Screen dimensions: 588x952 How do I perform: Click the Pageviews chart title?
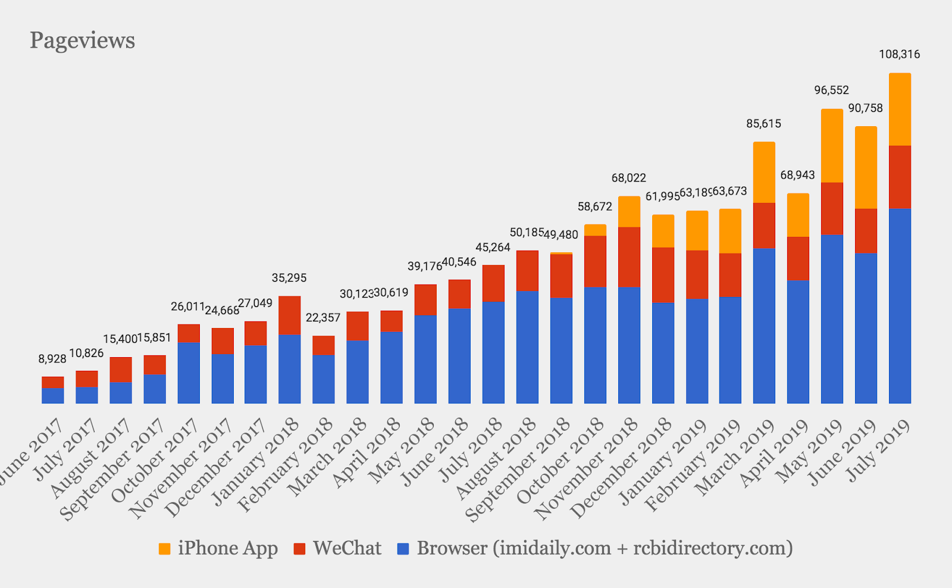(82, 40)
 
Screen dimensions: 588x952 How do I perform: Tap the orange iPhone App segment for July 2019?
(900, 110)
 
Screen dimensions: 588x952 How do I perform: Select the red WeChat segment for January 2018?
(289, 315)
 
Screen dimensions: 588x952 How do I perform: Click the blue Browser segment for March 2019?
(764, 326)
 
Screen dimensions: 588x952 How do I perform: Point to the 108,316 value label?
(899, 55)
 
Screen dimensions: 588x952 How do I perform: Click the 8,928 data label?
(52, 359)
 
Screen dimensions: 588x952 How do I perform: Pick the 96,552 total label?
(831, 90)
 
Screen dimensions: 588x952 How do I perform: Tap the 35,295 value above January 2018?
(289, 278)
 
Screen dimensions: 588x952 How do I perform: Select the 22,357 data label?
(323, 318)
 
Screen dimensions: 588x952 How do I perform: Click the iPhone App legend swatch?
(165, 549)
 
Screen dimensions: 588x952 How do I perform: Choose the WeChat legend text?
(347, 548)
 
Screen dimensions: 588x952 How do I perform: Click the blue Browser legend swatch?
(403, 549)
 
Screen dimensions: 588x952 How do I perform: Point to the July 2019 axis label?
(879, 449)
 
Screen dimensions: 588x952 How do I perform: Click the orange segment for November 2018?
(629, 211)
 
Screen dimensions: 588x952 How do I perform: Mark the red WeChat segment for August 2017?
(121, 370)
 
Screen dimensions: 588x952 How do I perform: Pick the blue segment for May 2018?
(425, 359)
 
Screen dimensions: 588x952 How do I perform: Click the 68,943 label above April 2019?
(797, 176)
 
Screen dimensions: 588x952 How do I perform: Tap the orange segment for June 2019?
(866, 167)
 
